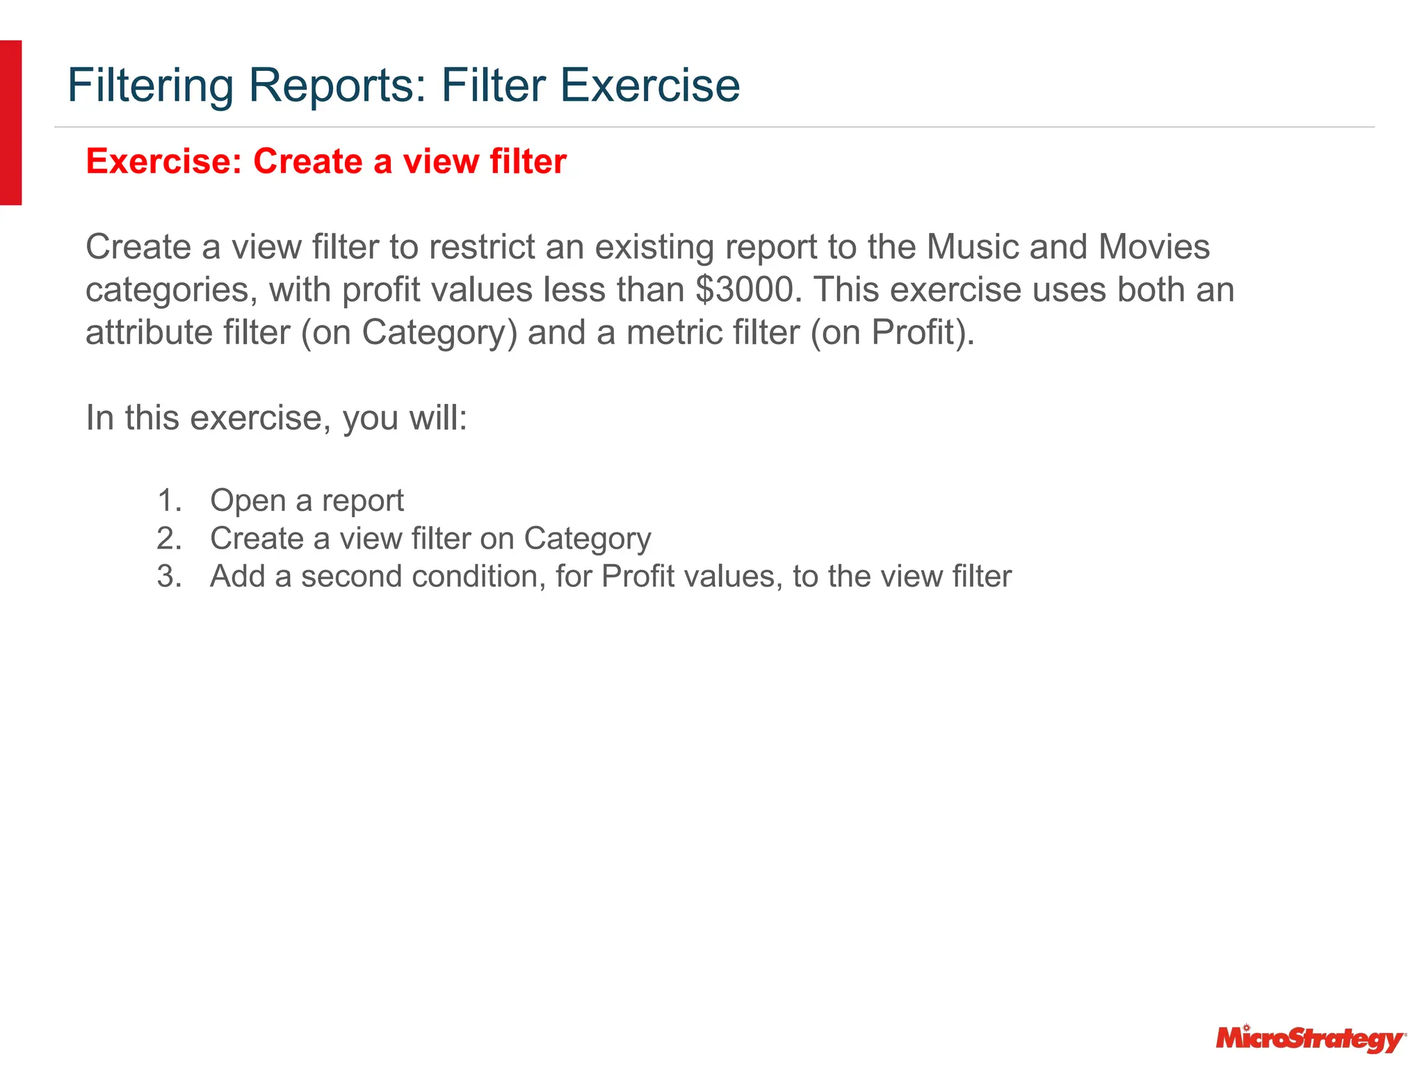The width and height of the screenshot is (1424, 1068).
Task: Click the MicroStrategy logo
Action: click(1310, 1039)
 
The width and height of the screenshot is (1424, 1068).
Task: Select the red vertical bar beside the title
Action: click(10, 122)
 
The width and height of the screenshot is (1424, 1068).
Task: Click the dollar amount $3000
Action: click(744, 289)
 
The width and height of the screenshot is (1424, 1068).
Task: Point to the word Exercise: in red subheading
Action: click(164, 161)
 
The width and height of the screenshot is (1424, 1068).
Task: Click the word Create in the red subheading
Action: click(308, 161)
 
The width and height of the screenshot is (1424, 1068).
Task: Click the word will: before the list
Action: click(438, 418)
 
